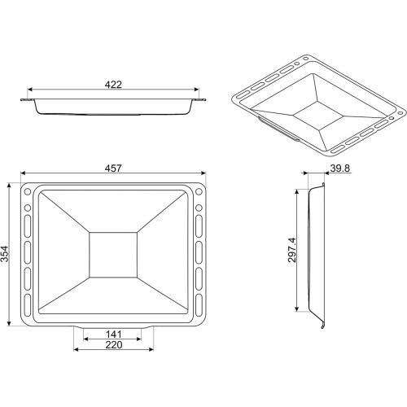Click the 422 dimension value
[113, 85]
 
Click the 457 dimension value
[113, 168]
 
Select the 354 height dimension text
[5, 254]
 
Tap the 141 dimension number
[114, 334]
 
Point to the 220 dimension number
[114, 345]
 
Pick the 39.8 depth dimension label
[340, 168]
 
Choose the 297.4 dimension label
[292, 250]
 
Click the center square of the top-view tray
[113, 255]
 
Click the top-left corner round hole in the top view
[28, 192]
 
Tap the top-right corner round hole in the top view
[199, 192]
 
